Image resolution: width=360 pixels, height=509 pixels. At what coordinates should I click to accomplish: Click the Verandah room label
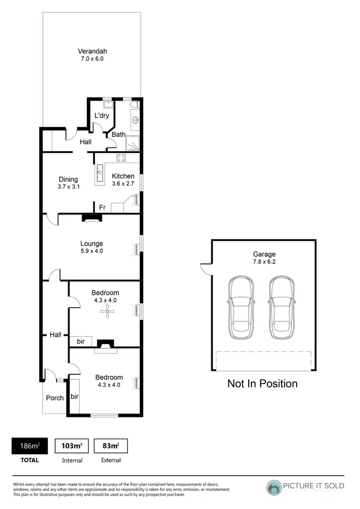tap(93, 51)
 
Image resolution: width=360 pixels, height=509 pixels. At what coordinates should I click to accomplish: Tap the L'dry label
tap(101, 116)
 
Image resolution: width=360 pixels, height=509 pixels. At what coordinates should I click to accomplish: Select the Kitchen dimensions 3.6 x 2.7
tap(123, 184)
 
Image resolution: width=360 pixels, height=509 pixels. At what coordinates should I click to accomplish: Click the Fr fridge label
tap(102, 207)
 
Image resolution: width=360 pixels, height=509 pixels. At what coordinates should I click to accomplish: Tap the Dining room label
tap(68, 179)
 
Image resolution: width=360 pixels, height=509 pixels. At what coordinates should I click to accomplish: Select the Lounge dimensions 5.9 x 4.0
tap(92, 251)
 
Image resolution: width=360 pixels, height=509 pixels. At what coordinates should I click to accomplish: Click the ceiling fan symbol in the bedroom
tap(106, 313)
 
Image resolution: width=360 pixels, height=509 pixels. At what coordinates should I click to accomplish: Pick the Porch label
tap(55, 398)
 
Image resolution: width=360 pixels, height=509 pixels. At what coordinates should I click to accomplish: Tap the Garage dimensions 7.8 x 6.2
tap(264, 262)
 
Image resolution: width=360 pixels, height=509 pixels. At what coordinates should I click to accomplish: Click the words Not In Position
tap(262, 383)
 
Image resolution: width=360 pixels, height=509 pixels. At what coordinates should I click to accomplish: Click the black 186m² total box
tap(30, 446)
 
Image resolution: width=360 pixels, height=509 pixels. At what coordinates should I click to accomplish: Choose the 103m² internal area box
tap(72, 446)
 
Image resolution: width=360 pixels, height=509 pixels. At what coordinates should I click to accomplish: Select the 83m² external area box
tap(111, 446)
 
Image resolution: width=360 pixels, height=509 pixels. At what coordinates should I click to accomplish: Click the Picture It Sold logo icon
tap(275, 487)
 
